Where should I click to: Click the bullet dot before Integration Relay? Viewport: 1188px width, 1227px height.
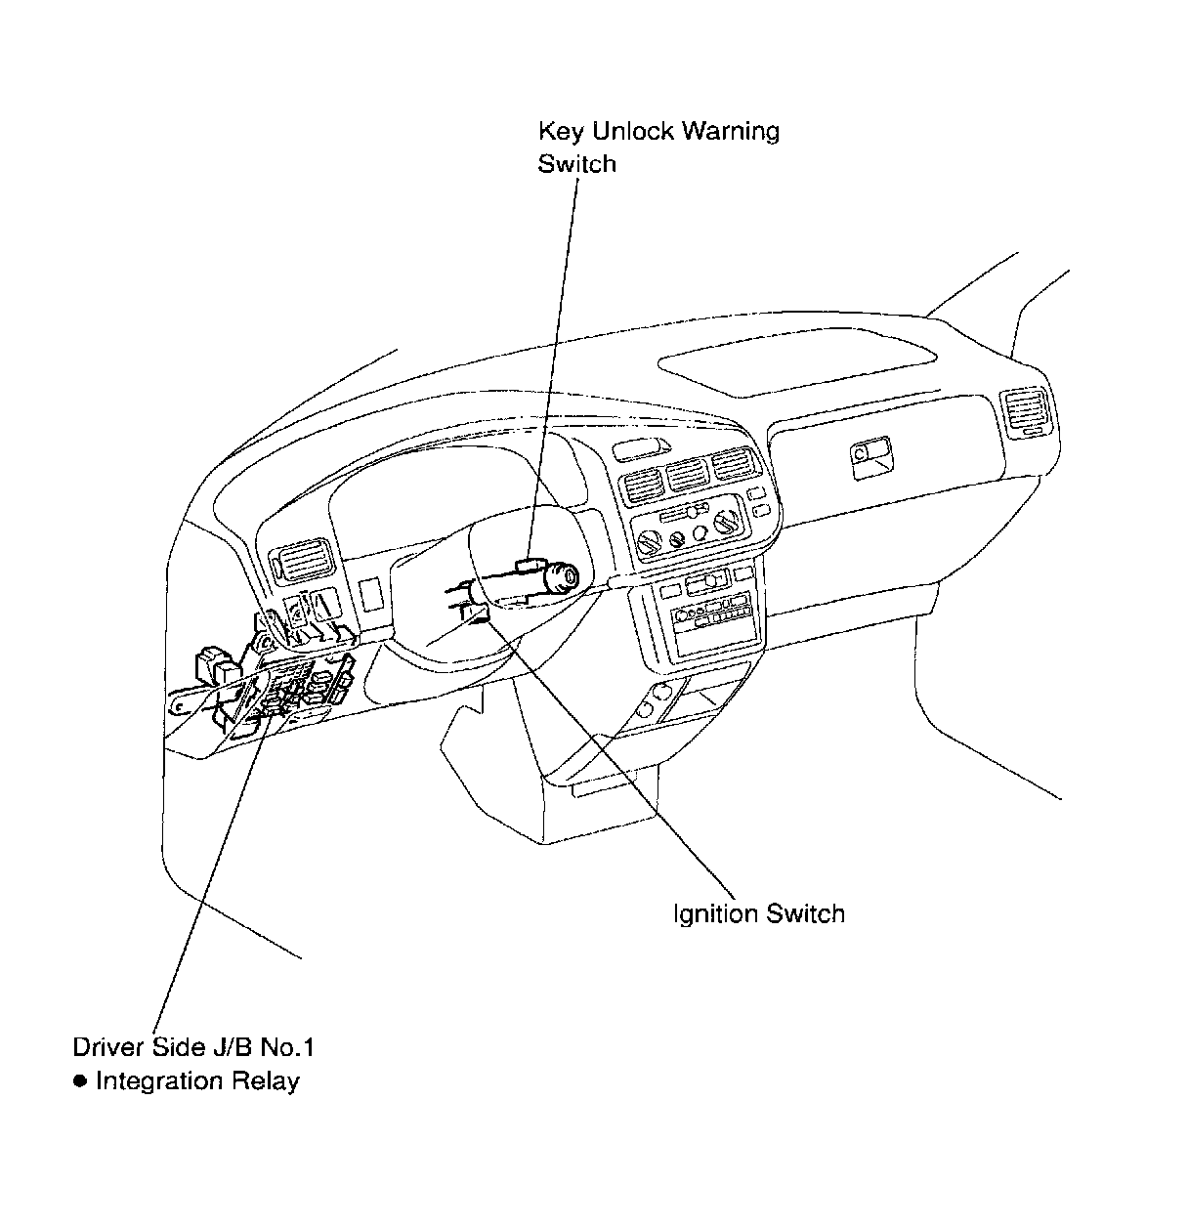80,1080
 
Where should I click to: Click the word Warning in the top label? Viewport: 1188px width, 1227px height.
730,131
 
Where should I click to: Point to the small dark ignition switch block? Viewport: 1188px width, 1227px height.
477,613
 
